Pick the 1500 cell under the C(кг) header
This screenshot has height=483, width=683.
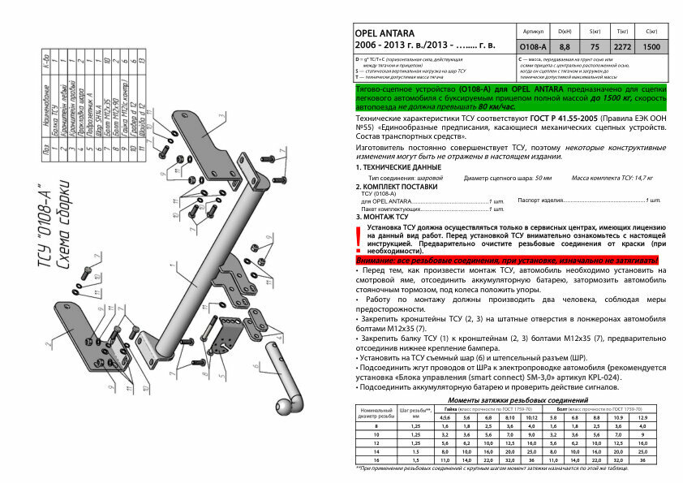pos(651,48)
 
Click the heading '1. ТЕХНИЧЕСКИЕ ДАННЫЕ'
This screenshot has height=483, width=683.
pos(397,166)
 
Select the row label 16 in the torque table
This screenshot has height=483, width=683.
pos(376,459)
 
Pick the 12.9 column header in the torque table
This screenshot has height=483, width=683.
pos(642,416)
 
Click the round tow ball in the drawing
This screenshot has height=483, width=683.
pos(290,406)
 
